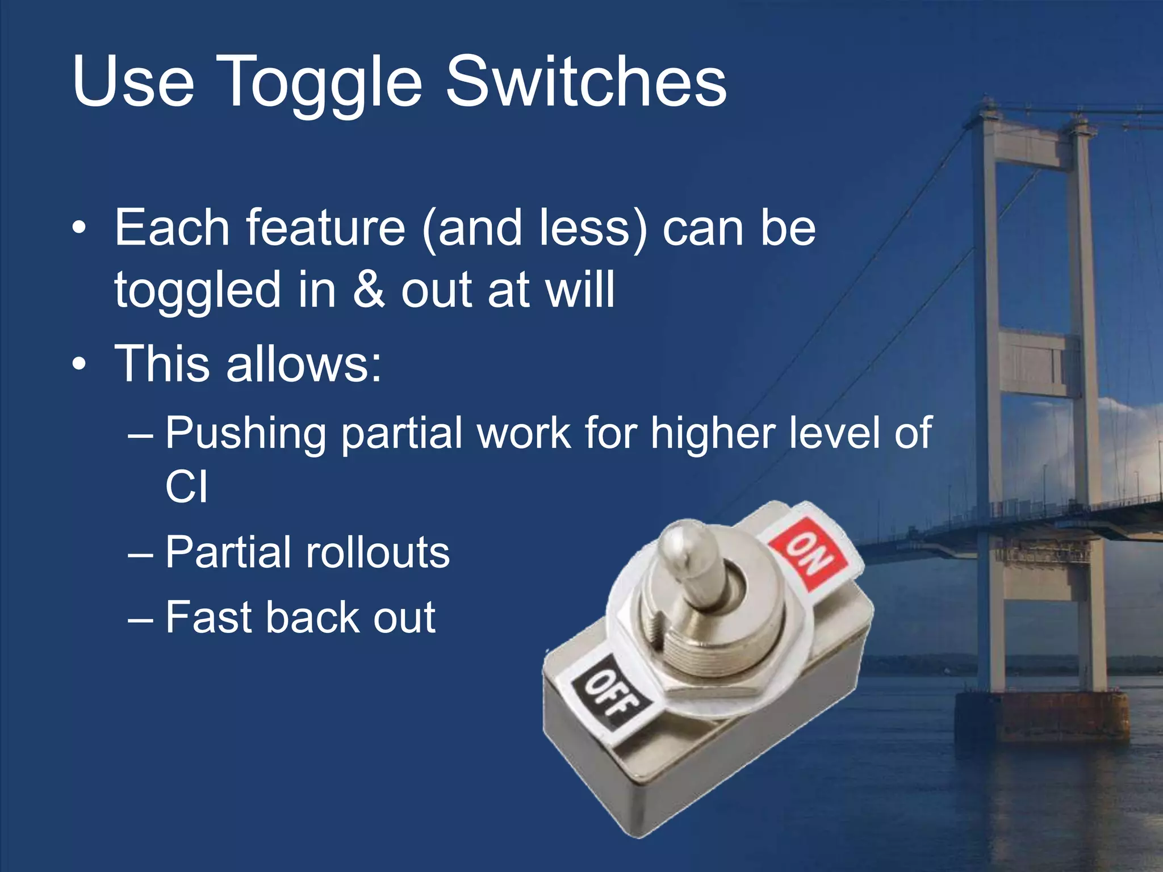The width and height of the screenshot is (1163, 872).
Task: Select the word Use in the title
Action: [133, 82]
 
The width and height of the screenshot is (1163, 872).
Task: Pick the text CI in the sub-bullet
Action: [186, 487]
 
